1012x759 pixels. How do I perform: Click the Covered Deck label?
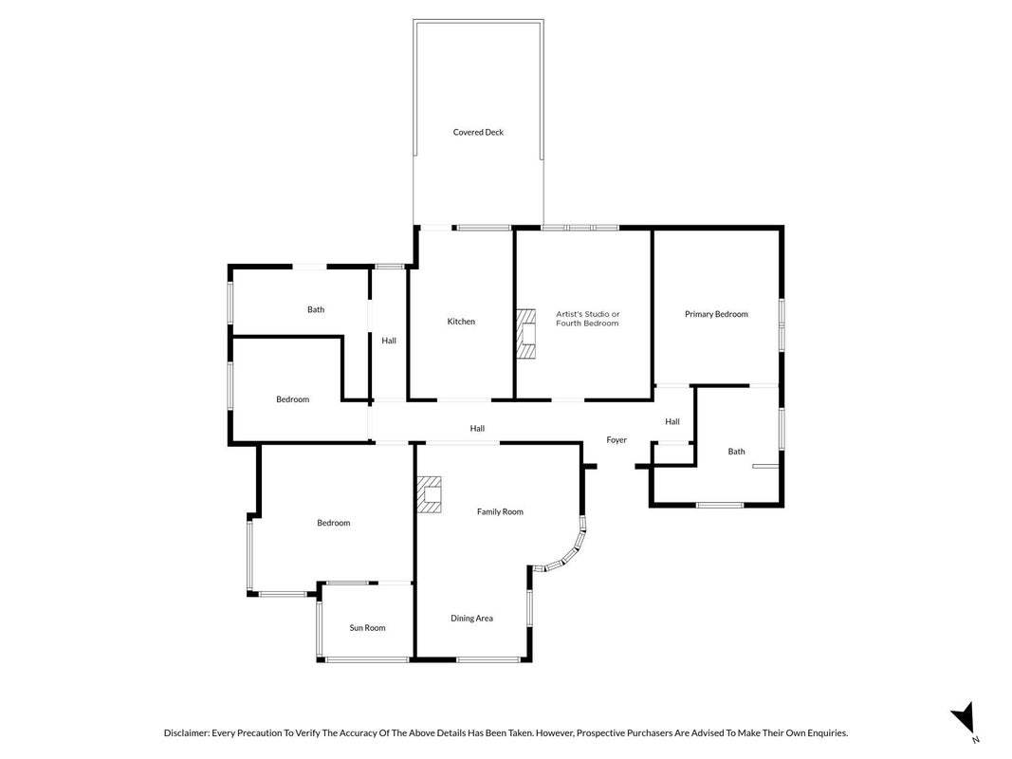coord(478,132)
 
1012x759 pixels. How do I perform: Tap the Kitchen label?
coord(461,322)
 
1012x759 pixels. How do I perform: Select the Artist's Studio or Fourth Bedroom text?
coord(587,319)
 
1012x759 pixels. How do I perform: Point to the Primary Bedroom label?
coord(716,314)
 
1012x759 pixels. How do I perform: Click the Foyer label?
coord(616,440)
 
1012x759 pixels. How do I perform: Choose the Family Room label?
coord(500,511)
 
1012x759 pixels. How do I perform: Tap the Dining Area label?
coord(471,619)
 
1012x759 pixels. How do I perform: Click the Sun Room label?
coord(367,628)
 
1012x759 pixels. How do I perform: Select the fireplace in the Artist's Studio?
coord(526,334)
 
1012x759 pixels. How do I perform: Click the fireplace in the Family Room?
coord(430,494)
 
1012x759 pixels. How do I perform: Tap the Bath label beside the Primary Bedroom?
coord(736,452)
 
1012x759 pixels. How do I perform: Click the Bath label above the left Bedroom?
coord(316,310)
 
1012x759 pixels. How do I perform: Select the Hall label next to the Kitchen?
coord(389,341)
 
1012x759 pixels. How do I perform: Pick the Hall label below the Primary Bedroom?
coord(672,422)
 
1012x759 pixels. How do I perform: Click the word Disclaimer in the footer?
coord(187,733)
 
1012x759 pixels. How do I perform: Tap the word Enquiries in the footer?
coord(825,733)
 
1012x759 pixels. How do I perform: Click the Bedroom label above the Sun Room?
coord(334,523)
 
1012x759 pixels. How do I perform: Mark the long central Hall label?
coord(477,429)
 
